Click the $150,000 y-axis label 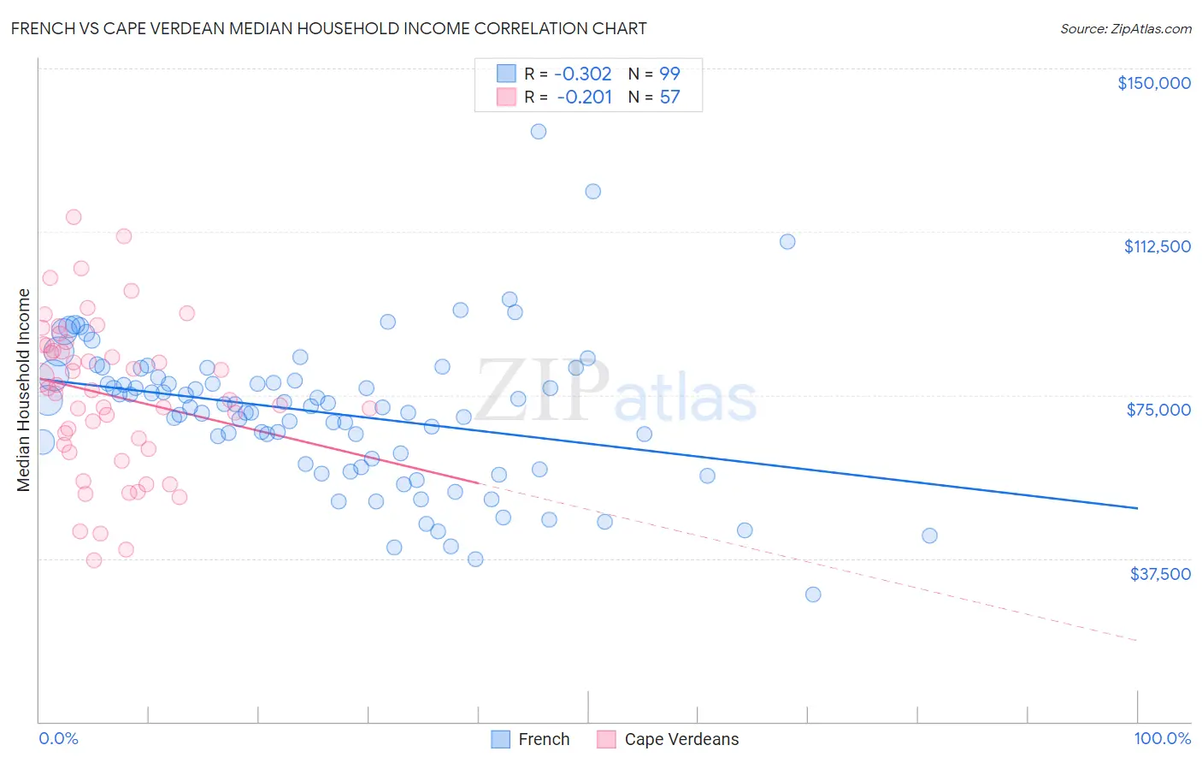[x=1153, y=83]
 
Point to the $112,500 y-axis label [x=1157, y=246]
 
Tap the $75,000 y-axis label [x=1158, y=410]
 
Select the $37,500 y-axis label [x=1160, y=574]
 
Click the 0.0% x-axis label [x=58, y=738]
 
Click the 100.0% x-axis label [x=1162, y=738]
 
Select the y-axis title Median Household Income [x=24, y=390]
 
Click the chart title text [x=328, y=28]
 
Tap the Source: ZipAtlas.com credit [x=1125, y=28]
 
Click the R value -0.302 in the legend [x=583, y=74]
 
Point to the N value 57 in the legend [x=669, y=98]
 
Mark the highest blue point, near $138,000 [x=539, y=131]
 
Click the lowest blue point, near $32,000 [x=813, y=594]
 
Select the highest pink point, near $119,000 [x=74, y=217]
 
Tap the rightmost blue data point [x=929, y=535]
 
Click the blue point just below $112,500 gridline [x=787, y=241]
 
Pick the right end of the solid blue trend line [x=1137, y=508]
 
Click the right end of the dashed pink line [x=1137, y=640]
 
